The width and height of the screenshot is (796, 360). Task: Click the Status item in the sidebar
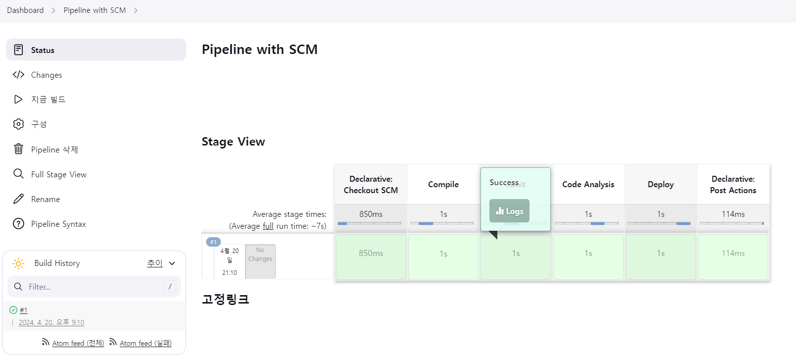coord(43,50)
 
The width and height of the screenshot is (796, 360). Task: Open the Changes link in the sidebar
coord(46,75)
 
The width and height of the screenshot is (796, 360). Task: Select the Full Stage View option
coord(58,174)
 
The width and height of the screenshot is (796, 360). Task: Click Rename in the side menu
coord(45,199)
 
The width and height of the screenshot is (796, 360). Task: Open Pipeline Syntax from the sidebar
coord(58,224)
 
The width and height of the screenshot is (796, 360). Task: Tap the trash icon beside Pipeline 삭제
coord(18,149)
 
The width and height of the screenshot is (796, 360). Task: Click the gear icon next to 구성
coord(18,124)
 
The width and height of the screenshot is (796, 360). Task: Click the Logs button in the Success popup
coord(509,211)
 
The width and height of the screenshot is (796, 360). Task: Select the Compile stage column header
coord(443,184)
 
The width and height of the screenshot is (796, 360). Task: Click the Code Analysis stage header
coord(588,184)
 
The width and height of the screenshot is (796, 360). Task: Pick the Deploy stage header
coord(660,184)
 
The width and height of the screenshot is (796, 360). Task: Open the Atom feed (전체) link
coord(78,343)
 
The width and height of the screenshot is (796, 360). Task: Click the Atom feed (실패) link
coord(145,343)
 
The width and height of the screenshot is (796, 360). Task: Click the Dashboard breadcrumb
coord(25,10)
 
